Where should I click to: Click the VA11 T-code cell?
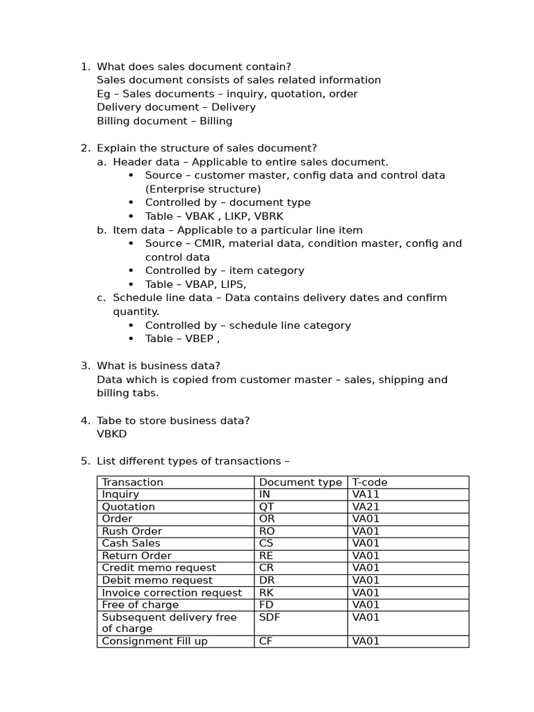366,494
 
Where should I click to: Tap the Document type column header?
300,482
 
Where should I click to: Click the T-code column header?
370,482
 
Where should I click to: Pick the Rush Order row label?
132,531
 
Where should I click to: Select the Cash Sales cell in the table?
131,543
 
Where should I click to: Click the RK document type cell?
266,592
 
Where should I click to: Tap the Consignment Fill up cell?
154,641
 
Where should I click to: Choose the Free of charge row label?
140,605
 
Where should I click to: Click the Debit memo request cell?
157,580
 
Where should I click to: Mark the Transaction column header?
132,482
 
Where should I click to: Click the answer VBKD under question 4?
112,434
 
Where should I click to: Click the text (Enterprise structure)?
203,189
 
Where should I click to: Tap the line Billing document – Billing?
164,121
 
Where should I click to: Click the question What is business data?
159,366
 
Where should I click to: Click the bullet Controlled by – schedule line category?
248,325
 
